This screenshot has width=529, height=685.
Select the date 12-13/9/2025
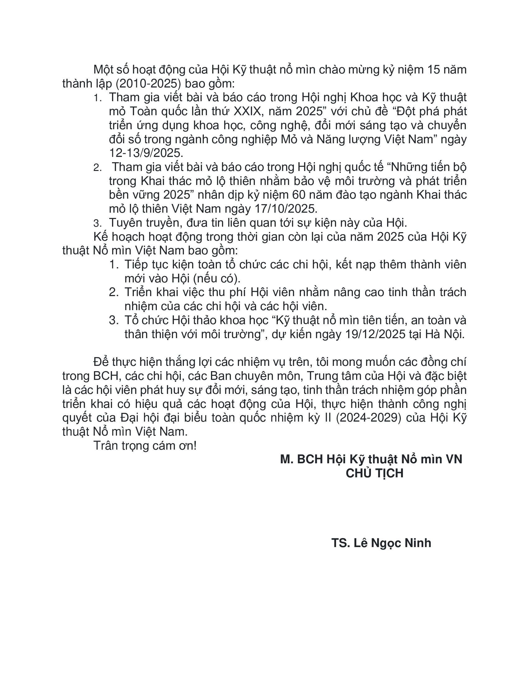(x=145, y=153)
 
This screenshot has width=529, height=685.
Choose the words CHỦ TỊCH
(x=374, y=473)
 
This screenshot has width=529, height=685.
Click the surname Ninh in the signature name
(x=418, y=543)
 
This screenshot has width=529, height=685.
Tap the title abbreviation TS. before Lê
(x=340, y=543)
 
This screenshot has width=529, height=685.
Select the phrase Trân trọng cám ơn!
(x=145, y=446)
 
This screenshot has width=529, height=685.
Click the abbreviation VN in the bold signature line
(x=454, y=460)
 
